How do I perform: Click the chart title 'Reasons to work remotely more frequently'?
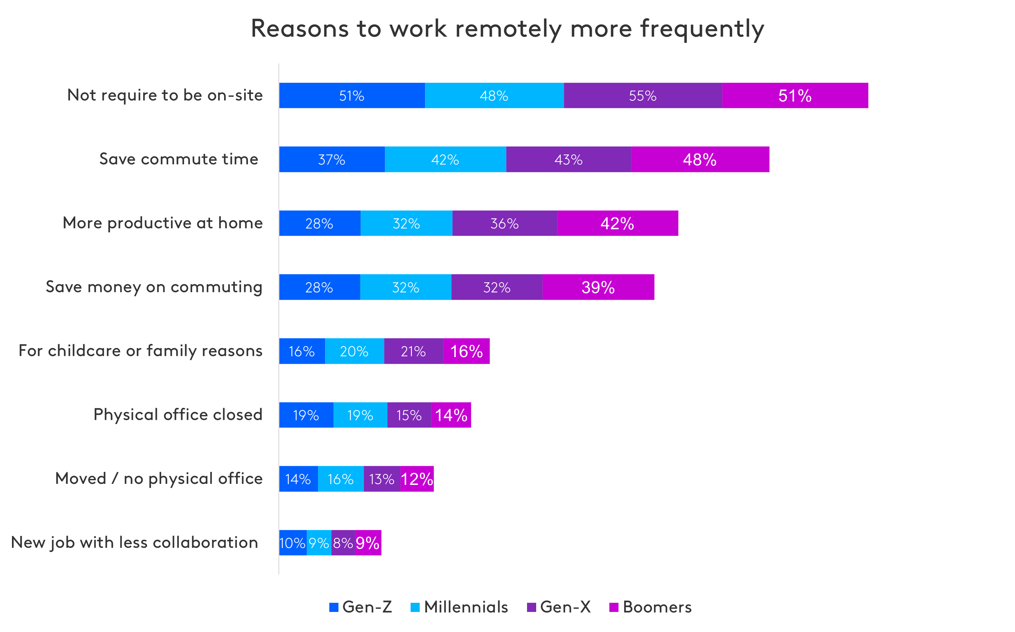point(507,29)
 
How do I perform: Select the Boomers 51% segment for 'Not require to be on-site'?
point(795,96)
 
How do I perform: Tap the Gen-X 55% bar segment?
point(643,96)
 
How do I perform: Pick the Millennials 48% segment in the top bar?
point(494,96)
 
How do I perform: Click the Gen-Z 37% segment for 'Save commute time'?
point(332,159)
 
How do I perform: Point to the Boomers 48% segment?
point(700,159)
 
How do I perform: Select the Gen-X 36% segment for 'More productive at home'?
point(505,223)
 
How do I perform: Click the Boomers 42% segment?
point(617,223)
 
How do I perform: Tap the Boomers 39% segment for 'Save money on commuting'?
point(598,287)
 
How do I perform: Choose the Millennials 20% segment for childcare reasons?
point(354,351)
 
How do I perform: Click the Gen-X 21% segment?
point(413,351)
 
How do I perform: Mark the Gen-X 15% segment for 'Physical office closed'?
point(409,415)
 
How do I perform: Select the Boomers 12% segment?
point(417,479)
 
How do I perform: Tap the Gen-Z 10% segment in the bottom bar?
point(292,543)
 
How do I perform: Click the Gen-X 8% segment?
point(343,543)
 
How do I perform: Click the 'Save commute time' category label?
point(179,159)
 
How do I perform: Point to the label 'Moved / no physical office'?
point(159,479)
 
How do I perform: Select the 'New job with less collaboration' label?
point(134,543)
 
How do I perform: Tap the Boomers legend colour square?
point(614,607)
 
